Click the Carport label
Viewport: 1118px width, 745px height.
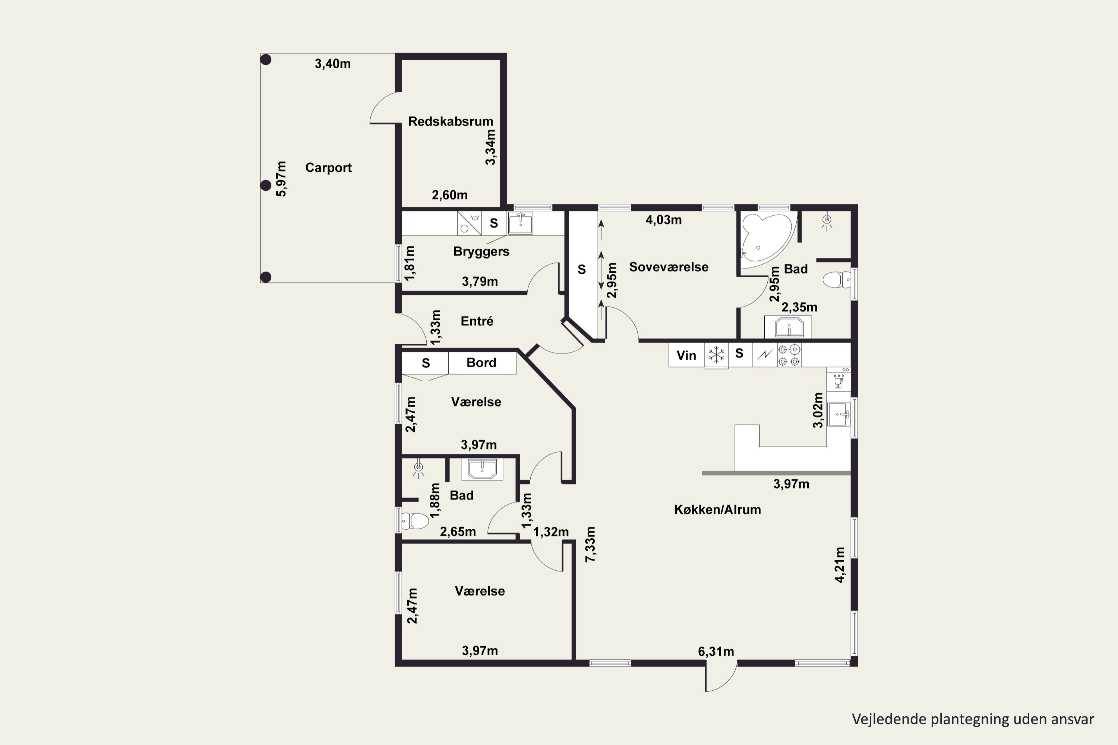pyautogui.click(x=328, y=168)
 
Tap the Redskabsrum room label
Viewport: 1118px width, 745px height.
pyautogui.click(x=451, y=122)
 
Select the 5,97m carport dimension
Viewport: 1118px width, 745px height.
pyautogui.click(x=281, y=179)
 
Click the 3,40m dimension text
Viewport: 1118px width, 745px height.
pyautogui.click(x=333, y=64)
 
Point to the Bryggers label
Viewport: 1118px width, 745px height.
pyautogui.click(x=481, y=252)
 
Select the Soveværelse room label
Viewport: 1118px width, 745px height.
pyautogui.click(x=669, y=267)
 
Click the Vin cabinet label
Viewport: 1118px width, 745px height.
pyautogui.click(x=686, y=355)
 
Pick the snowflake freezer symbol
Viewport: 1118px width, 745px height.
pyautogui.click(x=716, y=355)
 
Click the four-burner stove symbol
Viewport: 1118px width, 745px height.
pyautogui.click(x=789, y=355)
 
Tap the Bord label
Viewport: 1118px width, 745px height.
pyautogui.click(x=481, y=363)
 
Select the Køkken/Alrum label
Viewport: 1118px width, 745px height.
pyautogui.click(x=717, y=510)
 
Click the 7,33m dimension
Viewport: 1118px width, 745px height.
pyautogui.click(x=590, y=545)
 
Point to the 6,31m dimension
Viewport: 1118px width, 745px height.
pyautogui.click(x=716, y=652)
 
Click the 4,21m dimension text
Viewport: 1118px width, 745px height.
pyautogui.click(x=840, y=564)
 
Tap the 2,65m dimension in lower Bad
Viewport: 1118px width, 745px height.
pyautogui.click(x=458, y=532)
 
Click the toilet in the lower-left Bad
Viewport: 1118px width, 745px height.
pyautogui.click(x=415, y=521)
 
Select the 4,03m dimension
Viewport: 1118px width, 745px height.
pyautogui.click(x=664, y=220)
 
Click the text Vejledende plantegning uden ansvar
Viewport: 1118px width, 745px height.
pyautogui.click(x=973, y=719)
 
